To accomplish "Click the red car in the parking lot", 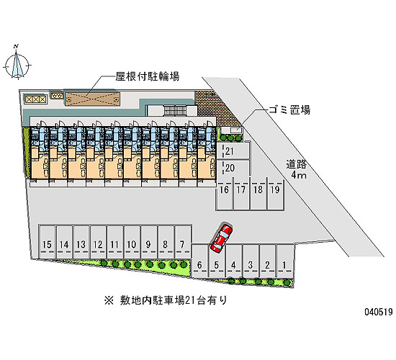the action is pyautogui.click(x=222, y=238).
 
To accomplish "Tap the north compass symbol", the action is pyautogui.click(x=17, y=63).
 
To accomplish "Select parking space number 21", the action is pyautogui.click(x=233, y=151).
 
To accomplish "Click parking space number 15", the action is pyautogui.click(x=48, y=242).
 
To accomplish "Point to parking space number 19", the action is pyautogui.click(x=276, y=194).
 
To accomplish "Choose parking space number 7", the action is pyautogui.click(x=183, y=242).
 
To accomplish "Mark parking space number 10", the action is pyautogui.click(x=132, y=242).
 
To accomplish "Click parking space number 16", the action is pyautogui.click(x=224, y=194).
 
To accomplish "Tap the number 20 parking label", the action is pyautogui.click(x=230, y=168).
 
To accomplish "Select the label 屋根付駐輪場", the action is pyautogui.click(x=148, y=76).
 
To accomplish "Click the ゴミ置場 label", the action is pyautogui.click(x=289, y=110).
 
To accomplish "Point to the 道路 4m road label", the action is pyautogui.click(x=297, y=169).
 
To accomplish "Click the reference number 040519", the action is pyautogui.click(x=378, y=312).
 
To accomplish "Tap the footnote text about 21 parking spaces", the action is pyautogui.click(x=166, y=300).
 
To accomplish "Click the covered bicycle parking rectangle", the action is pyautogui.click(x=92, y=99).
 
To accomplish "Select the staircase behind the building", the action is pyautogui.click(x=175, y=110).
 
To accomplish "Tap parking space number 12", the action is pyautogui.click(x=98, y=242).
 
